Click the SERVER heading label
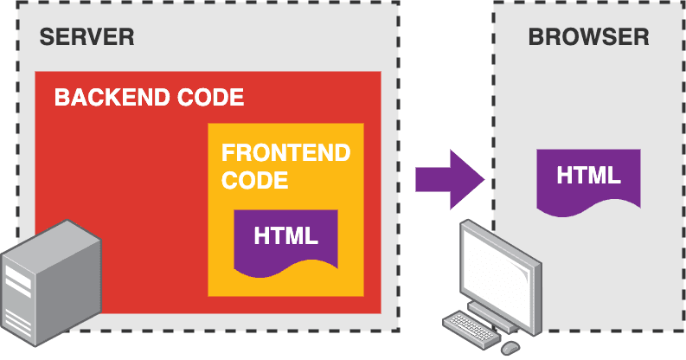87,37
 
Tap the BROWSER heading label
588,37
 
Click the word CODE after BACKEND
208,97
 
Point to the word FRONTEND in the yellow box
285,153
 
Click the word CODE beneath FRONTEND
254,181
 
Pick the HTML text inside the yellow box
285,235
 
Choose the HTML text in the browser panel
588,175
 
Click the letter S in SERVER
46,37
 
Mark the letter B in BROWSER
535,37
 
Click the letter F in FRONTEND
228,153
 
